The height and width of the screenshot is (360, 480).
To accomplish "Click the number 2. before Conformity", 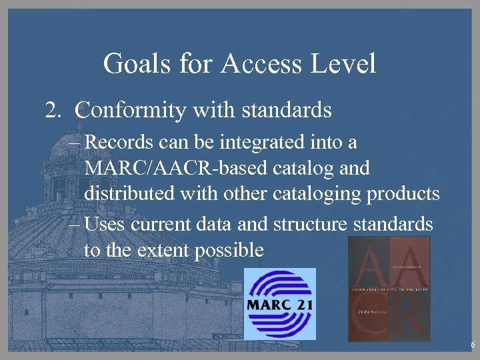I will tap(53, 109).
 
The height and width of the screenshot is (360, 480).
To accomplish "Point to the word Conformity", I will tap(131, 110).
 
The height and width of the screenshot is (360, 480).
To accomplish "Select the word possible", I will tap(231, 251).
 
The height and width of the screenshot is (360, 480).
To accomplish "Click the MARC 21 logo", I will tap(279, 303).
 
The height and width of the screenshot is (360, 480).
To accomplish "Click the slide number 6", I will tap(472, 345).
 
